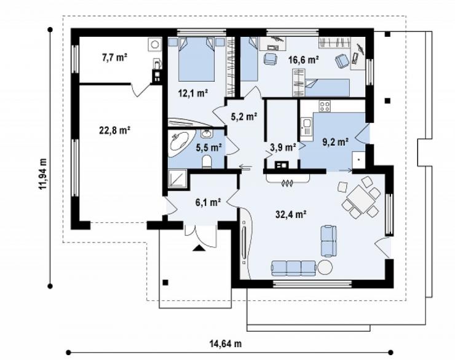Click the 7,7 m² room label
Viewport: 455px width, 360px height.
114,58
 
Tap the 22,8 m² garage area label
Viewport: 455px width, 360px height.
114,130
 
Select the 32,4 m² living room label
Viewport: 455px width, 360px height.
291,214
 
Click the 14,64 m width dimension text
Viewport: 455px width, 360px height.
226,344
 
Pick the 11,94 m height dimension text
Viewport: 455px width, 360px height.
43,174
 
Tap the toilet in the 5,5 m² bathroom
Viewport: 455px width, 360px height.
207,162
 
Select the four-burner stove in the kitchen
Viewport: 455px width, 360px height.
325,106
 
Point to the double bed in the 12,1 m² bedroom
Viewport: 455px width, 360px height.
197,59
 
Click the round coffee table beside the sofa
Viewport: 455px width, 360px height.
325,267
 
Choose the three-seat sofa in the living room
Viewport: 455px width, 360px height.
294,268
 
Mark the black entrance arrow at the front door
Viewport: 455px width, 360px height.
199,248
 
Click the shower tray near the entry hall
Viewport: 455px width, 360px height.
177,178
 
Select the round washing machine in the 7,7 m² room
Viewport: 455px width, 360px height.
155,45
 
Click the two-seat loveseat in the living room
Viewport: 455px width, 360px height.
328,241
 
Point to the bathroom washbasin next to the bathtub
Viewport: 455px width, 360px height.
207,134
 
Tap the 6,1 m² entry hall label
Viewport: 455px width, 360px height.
208,202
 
